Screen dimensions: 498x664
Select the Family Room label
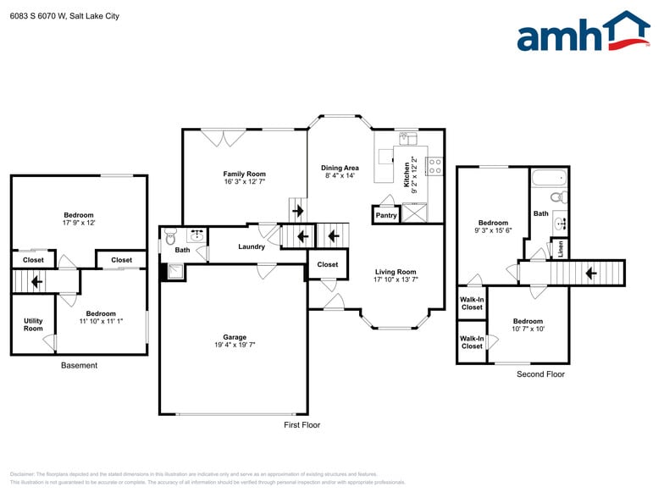[245, 173]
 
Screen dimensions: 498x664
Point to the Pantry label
[385, 216]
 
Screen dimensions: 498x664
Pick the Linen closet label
[562, 249]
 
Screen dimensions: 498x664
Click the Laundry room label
[251, 246]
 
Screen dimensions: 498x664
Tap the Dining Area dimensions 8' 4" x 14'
[340, 176]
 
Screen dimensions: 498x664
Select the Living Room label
[396, 272]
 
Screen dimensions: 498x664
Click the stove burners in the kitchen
[435, 166]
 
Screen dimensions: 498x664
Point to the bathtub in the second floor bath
[550, 178]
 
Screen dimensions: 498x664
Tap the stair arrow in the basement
[36, 280]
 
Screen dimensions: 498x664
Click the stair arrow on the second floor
[591, 274]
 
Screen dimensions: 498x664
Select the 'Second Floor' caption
[540, 373]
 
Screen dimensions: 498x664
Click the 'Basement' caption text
[79, 366]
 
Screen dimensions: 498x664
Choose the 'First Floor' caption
[302, 425]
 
